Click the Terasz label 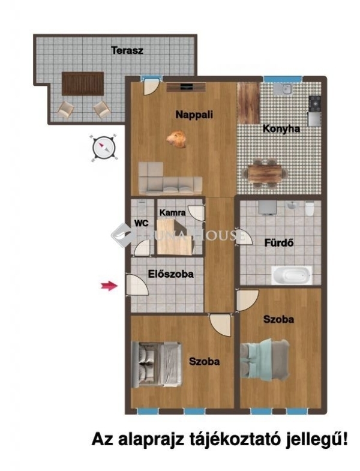127,50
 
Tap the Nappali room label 194,115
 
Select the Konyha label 281,129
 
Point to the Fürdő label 279,242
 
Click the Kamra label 172,213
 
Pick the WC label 141,223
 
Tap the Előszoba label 170,274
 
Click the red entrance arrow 109,286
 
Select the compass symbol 104,148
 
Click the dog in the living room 176,139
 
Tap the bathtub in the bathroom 292,275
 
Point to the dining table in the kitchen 265,174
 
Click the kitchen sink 283,88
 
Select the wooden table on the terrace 83,83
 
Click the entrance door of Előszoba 137,286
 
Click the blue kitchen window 283,79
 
